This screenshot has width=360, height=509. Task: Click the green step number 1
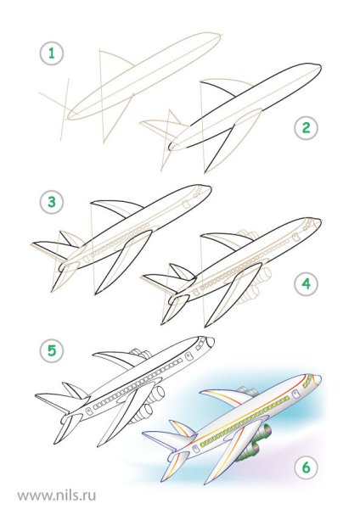[x=52, y=53]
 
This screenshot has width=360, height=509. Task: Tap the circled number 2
[x=306, y=127]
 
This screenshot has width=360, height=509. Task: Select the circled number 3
[x=52, y=202]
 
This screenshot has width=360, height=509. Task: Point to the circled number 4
[x=306, y=283]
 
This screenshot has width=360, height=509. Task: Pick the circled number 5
[x=52, y=350]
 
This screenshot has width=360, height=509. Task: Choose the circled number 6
[x=306, y=467]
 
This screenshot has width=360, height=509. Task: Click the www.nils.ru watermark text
[x=57, y=495]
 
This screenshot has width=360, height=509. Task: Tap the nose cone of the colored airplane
[x=318, y=379]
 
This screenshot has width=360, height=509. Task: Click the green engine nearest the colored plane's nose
[x=263, y=432]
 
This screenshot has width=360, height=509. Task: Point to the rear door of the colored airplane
[x=197, y=450]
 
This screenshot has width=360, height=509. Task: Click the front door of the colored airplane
[x=296, y=394]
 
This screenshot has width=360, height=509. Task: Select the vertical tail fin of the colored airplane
[x=182, y=429]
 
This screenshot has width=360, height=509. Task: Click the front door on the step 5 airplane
[x=188, y=357]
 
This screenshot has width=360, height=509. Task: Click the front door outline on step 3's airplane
[x=186, y=204]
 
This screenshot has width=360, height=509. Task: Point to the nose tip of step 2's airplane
[x=321, y=67]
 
